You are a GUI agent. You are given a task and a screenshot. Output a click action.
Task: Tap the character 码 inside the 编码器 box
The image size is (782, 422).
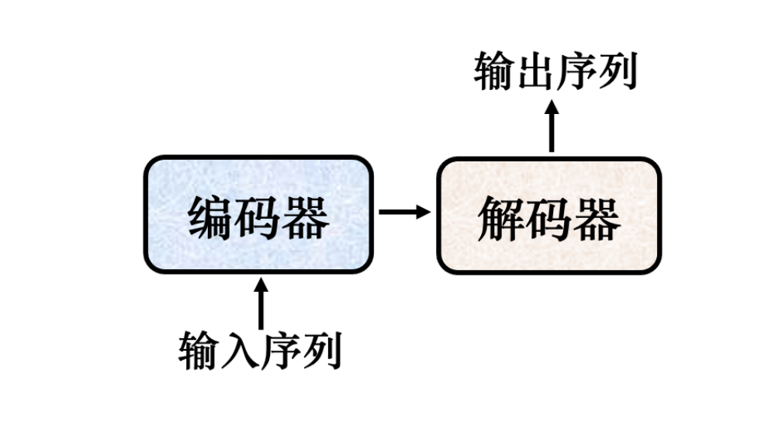pyautogui.click(x=259, y=218)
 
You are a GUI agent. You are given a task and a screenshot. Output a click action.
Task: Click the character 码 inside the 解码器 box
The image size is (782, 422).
pyautogui.click(x=549, y=218)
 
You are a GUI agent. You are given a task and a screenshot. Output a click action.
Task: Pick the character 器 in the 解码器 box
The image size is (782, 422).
pyautogui.click(x=597, y=218)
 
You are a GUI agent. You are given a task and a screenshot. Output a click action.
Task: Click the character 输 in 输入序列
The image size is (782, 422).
pyautogui.click(x=199, y=351)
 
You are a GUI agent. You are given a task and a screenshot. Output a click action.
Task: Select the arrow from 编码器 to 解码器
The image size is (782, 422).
pyautogui.click(x=404, y=211)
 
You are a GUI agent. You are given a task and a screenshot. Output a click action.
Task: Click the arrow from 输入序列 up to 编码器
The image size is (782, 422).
pyautogui.click(x=260, y=304)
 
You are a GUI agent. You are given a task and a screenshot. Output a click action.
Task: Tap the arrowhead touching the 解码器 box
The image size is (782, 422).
pyautogui.click(x=423, y=211)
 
